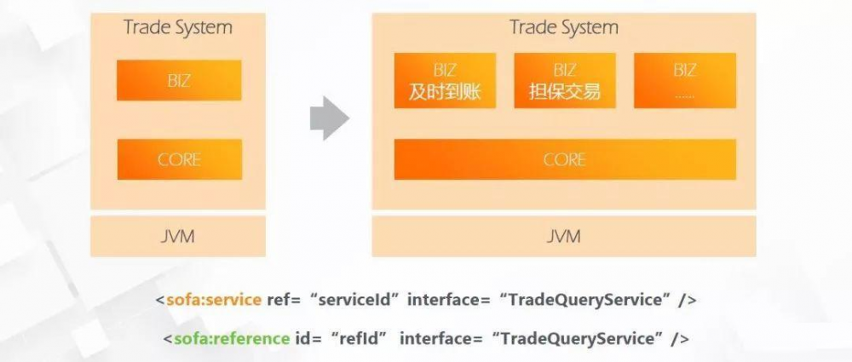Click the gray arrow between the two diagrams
pyautogui.click(x=329, y=118)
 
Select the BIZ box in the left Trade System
pyautogui.click(x=179, y=81)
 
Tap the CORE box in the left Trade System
pyautogui.click(x=179, y=159)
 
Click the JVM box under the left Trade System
pyautogui.click(x=178, y=236)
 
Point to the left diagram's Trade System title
pyautogui.click(x=178, y=27)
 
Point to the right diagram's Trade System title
pyautogui.click(x=564, y=27)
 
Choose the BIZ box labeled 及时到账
pyautogui.click(x=445, y=81)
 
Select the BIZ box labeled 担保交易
pyautogui.click(x=564, y=81)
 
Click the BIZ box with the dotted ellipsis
pyautogui.click(x=684, y=81)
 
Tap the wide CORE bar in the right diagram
pyautogui.click(x=564, y=159)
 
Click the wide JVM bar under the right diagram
pyautogui.click(x=564, y=236)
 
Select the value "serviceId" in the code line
pyautogui.click(x=358, y=300)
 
